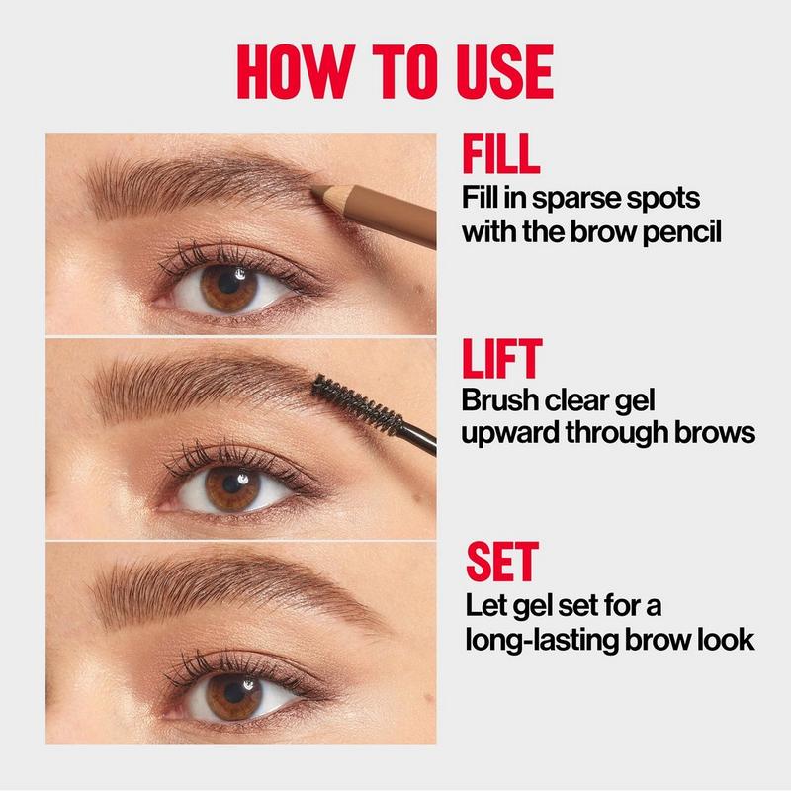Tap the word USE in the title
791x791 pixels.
point(505,71)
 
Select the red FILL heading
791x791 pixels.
point(500,154)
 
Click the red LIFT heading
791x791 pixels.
point(502,359)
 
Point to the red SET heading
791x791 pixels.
point(502,562)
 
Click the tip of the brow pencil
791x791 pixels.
point(313,191)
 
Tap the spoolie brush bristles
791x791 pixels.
point(357,404)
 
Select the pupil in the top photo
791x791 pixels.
point(229,283)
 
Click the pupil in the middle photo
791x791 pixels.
point(232,484)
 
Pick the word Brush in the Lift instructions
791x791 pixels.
point(500,400)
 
